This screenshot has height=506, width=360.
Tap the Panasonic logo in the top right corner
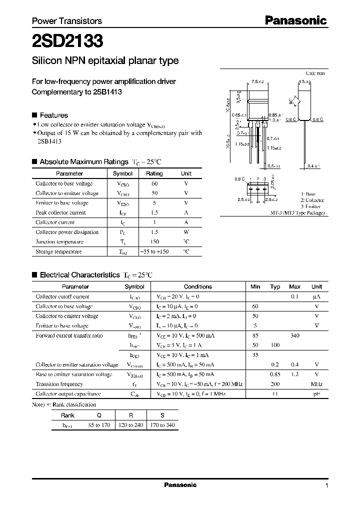pyautogui.click(x=295, y=20)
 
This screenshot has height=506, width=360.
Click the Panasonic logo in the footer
pyautogui.click(x=180, y=485)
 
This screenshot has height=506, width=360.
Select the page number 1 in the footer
pyautogui.click(x=326, y=485)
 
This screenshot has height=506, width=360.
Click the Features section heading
pyautogui.click(x=53, y=115)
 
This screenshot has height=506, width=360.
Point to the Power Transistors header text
pyautogui.click(x=67, y=21)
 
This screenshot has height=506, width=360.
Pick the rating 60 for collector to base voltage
pyautogui.click(x=154, y=183)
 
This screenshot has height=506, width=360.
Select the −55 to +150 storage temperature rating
pyautogui.click(x=154, y=251)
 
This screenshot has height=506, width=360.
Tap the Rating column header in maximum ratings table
pyautogui.click(x=154, y=173)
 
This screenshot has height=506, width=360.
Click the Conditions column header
pyautogui.click(x=198, y=286)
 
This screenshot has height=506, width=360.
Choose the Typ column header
pyautogui.click(x=275, y=286)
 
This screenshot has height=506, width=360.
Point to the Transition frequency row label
pyautogui.click(x=59, y=384)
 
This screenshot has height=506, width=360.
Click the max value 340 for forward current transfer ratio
pyautogui.click(x=294, y=335)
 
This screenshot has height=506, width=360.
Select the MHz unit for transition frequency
pyautogui.click(x=316, y=384)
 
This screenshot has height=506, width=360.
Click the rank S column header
pyautogui.click(x=161, y=415)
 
